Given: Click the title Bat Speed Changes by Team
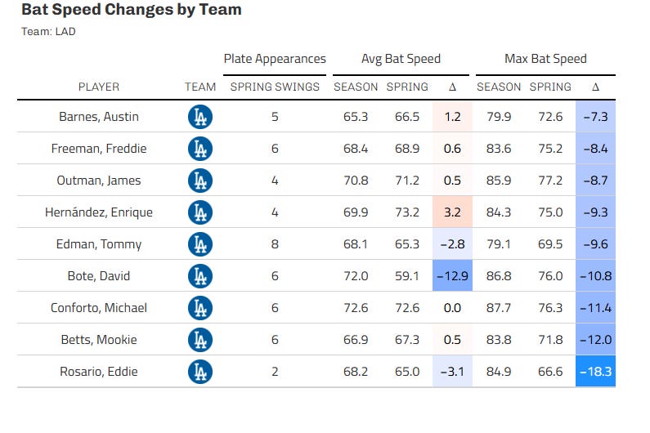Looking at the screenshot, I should [131, 11].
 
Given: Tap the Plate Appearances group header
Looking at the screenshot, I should [275, 59].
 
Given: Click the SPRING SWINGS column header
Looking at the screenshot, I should [275, 87].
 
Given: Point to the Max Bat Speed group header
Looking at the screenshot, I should [545, 59].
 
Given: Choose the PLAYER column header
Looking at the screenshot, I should [99, 87].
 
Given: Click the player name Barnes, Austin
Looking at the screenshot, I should [99, 117].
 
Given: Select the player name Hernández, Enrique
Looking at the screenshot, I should [99, 212].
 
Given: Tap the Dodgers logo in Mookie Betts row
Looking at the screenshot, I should [199, 340].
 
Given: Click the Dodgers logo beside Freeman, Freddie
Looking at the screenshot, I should [199, 149].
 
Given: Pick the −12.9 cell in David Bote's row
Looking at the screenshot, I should [452, 276].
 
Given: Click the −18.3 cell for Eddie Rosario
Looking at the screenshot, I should [595, 372].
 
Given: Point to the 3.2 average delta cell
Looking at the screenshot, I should [452, 212].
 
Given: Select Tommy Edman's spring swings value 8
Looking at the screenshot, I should [275, 244].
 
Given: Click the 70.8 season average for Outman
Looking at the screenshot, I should [356, 181].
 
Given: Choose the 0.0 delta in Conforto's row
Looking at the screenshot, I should [452, 308].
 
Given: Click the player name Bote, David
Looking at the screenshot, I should [99, 276].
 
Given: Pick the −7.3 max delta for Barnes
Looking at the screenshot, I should [595, 117].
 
